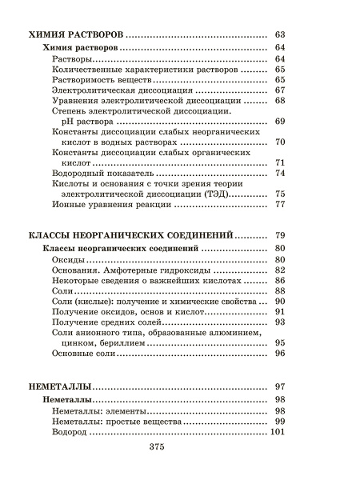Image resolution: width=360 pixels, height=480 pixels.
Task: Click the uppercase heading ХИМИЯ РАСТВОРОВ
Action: [x=75, y=35]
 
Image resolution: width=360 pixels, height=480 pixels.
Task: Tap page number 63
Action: [x=280, y=35]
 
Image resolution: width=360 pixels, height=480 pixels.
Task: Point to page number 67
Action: [x=280, y=90]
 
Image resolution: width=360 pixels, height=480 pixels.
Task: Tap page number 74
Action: [x=280, y=173]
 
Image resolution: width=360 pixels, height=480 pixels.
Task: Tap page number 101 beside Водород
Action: [x=278, y=432]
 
